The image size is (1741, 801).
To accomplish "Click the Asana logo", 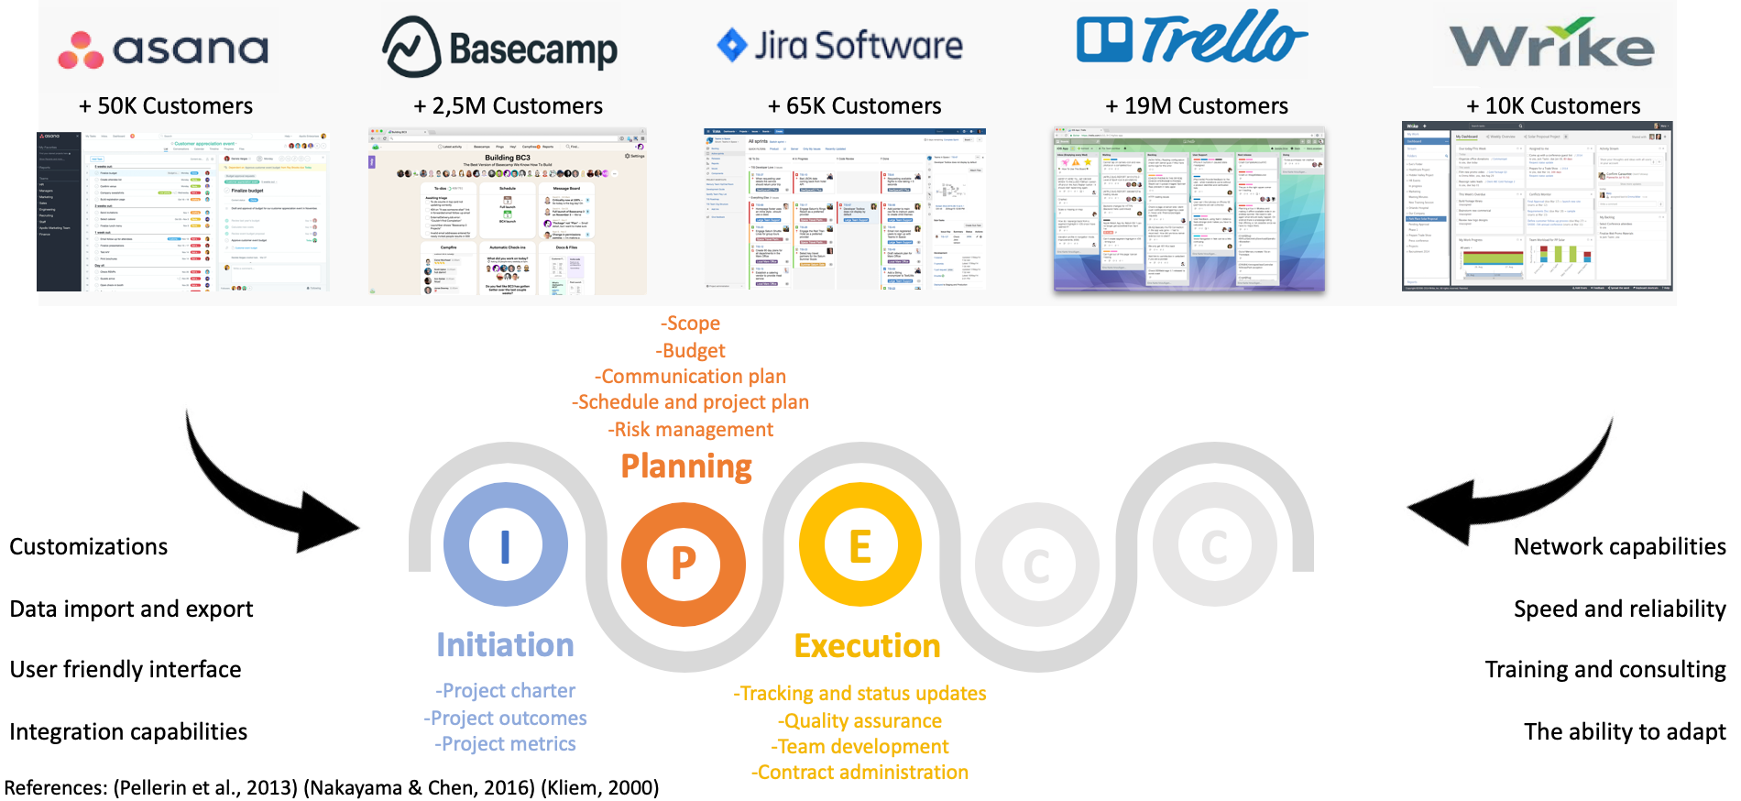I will (x=163, y=49).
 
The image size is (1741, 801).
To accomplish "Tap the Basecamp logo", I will (x=500, y=47).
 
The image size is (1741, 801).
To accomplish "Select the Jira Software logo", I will (x=839, y=45).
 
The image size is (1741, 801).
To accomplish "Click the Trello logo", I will (x=1191, y=38).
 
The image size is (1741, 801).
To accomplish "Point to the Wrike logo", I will (x=1551, y=44).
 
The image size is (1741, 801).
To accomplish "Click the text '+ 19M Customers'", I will (x=1197, y=106).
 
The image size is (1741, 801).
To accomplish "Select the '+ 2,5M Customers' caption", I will (x=509, y=106).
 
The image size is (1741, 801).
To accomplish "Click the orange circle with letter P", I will (x=684, y=563).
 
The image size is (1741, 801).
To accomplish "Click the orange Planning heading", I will (x=686, y=466).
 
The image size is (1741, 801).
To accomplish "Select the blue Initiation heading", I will (x=505, y=645).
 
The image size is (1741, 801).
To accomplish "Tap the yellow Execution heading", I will (x=867, y=646).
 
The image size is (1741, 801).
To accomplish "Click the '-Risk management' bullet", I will (x=691, y=429).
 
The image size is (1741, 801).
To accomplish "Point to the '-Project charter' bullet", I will (x=506, y=690).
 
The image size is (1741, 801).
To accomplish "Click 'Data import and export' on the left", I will (x=131, y=609).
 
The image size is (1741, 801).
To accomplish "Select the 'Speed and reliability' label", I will (x=1619, y=609).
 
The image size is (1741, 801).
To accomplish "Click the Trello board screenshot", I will (x=1189, y=210).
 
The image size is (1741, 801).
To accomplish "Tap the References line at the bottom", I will (x=332, y=787).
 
